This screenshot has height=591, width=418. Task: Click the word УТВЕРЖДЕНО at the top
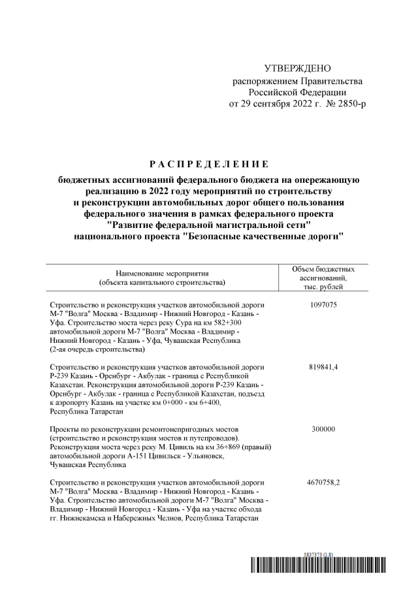coord(298,69)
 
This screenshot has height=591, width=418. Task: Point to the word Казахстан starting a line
coord(67,385)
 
